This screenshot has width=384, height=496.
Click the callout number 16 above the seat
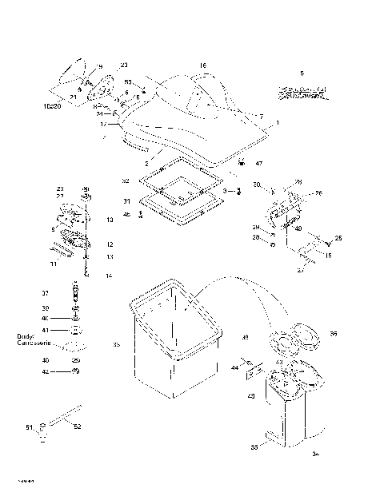click(202, 65)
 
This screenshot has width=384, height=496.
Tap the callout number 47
click(258, 163)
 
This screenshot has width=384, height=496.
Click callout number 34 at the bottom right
click(315, 454)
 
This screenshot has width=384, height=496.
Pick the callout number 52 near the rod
click(77, 427)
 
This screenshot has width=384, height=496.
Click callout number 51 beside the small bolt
click(30, 428)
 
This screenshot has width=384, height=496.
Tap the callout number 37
click(45, 292)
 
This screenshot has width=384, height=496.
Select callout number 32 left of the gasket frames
click(126, 181)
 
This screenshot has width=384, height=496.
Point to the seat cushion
click(200, 120)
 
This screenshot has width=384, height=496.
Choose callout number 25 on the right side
click(338, 238)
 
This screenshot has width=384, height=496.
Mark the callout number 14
click(110, 275)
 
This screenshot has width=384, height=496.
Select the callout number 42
click(45, 371)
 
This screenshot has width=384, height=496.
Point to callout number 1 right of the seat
click(277, 124)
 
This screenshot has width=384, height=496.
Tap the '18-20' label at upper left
click(51, 105)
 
